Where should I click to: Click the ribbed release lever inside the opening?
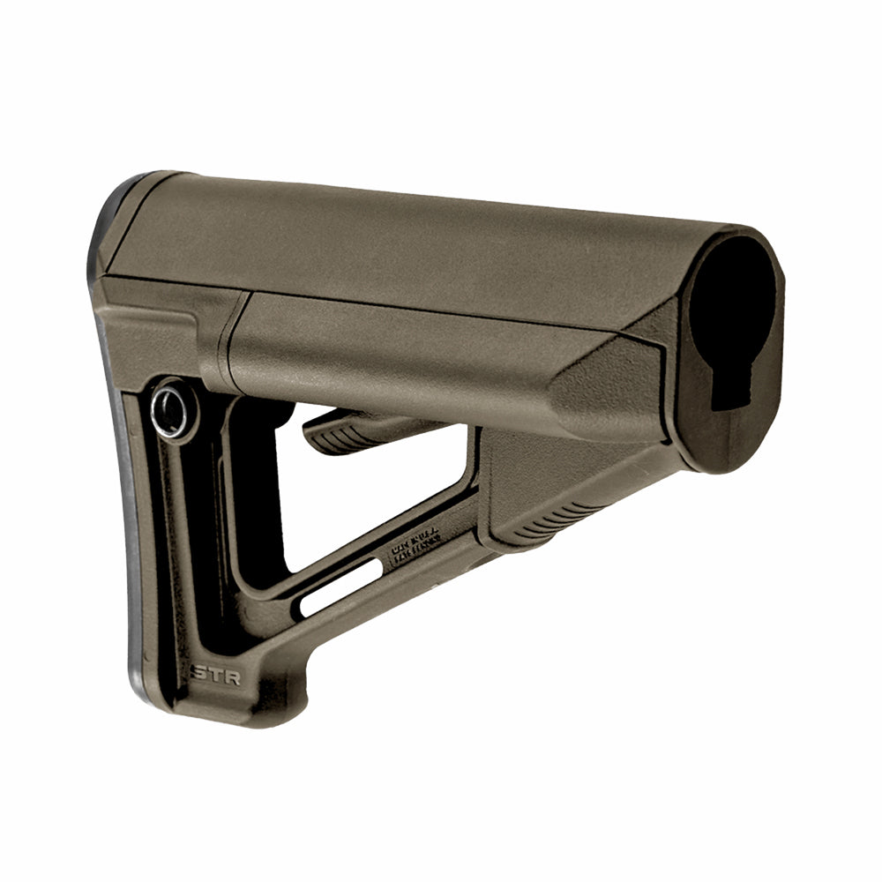click(353, 429)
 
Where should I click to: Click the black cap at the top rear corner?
click(115, 212)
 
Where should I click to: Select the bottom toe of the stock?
click(220, 710)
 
